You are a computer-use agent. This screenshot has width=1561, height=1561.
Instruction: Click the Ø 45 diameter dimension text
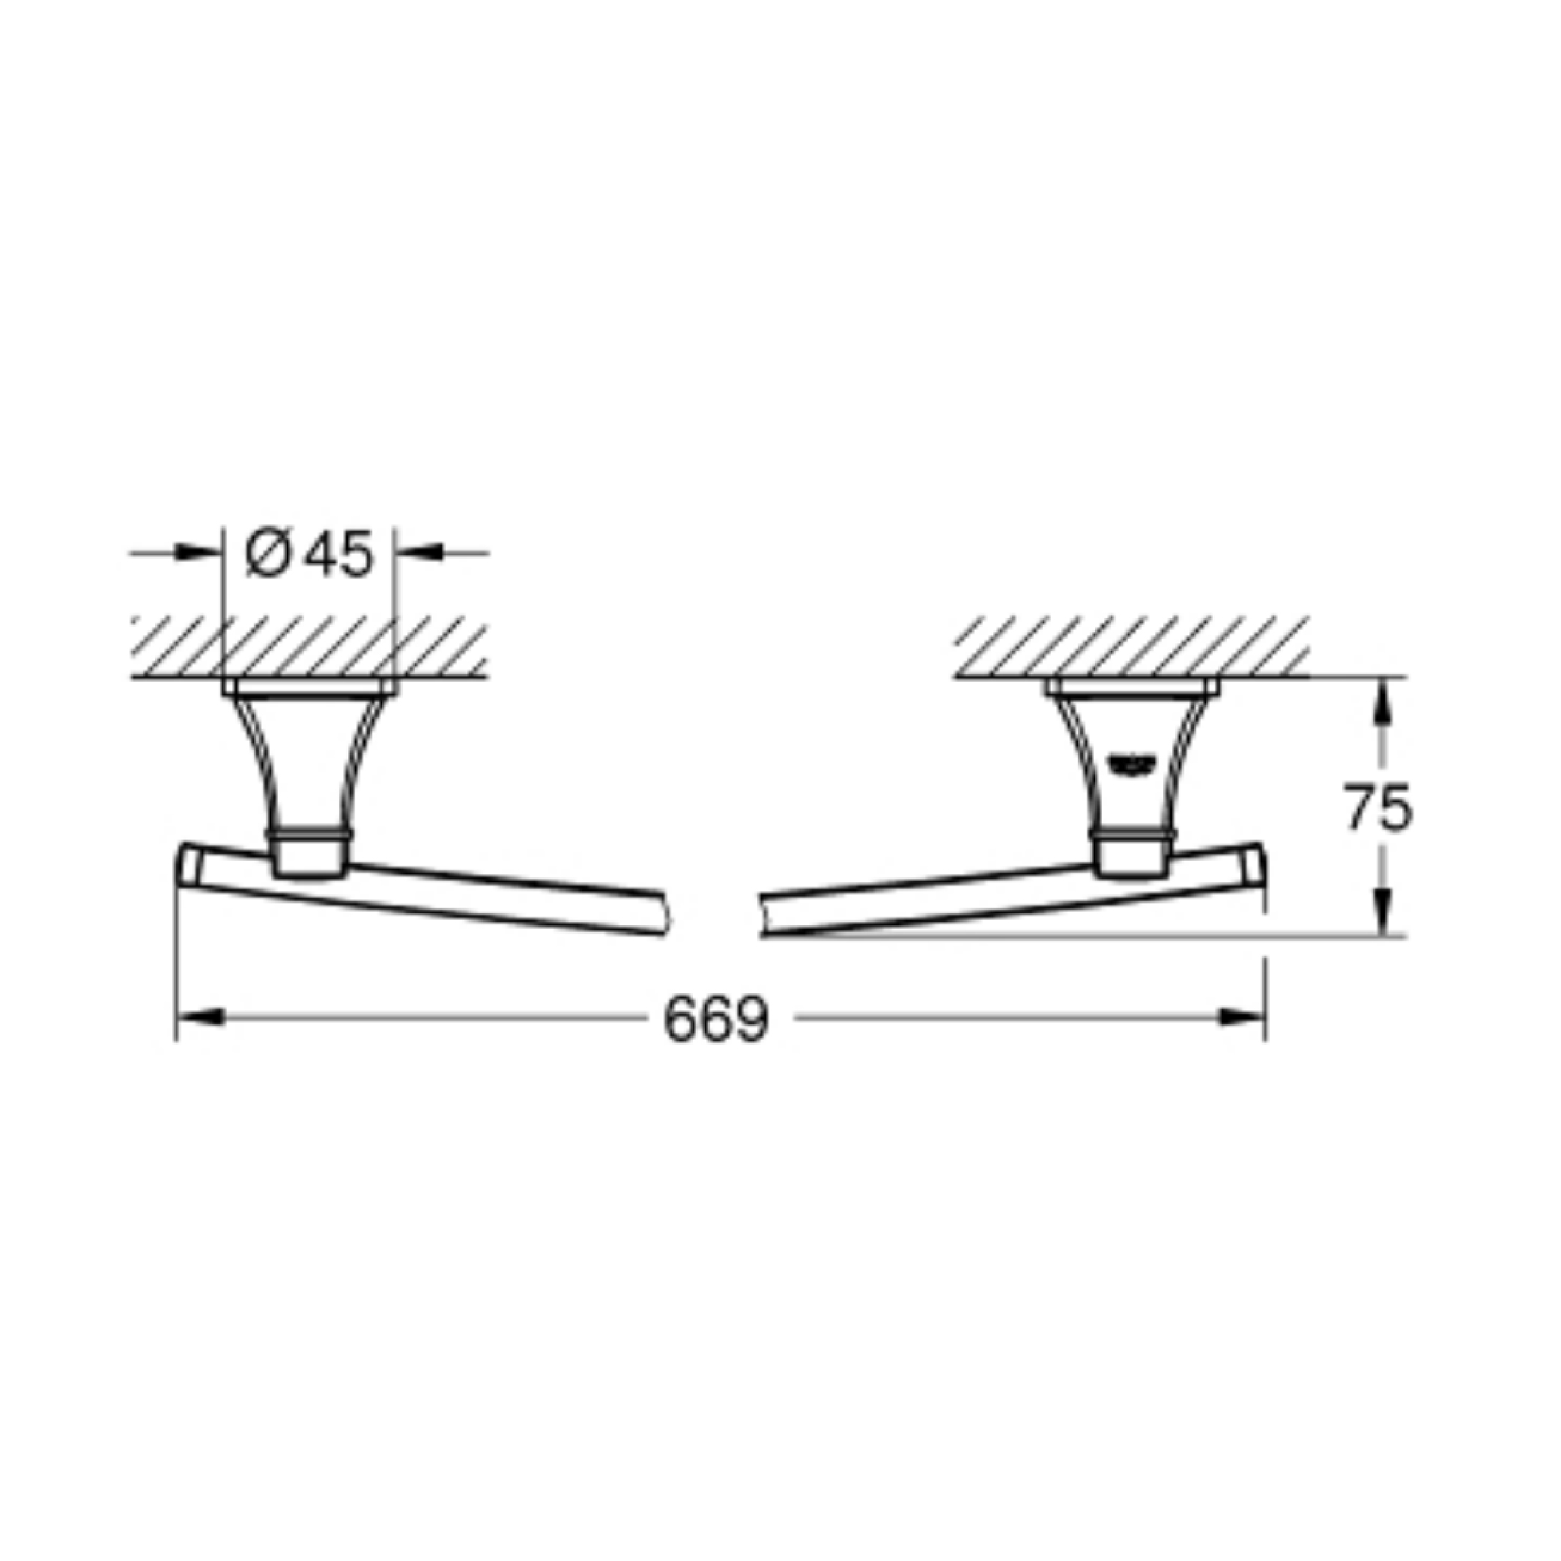tap(309, 554)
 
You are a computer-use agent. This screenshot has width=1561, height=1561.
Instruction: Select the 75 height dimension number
tap(1379, 807)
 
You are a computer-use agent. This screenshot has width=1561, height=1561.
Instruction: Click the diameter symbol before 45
tap(267, 555)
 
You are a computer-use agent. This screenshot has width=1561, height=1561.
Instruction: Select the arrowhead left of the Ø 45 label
tap(198, 554)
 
